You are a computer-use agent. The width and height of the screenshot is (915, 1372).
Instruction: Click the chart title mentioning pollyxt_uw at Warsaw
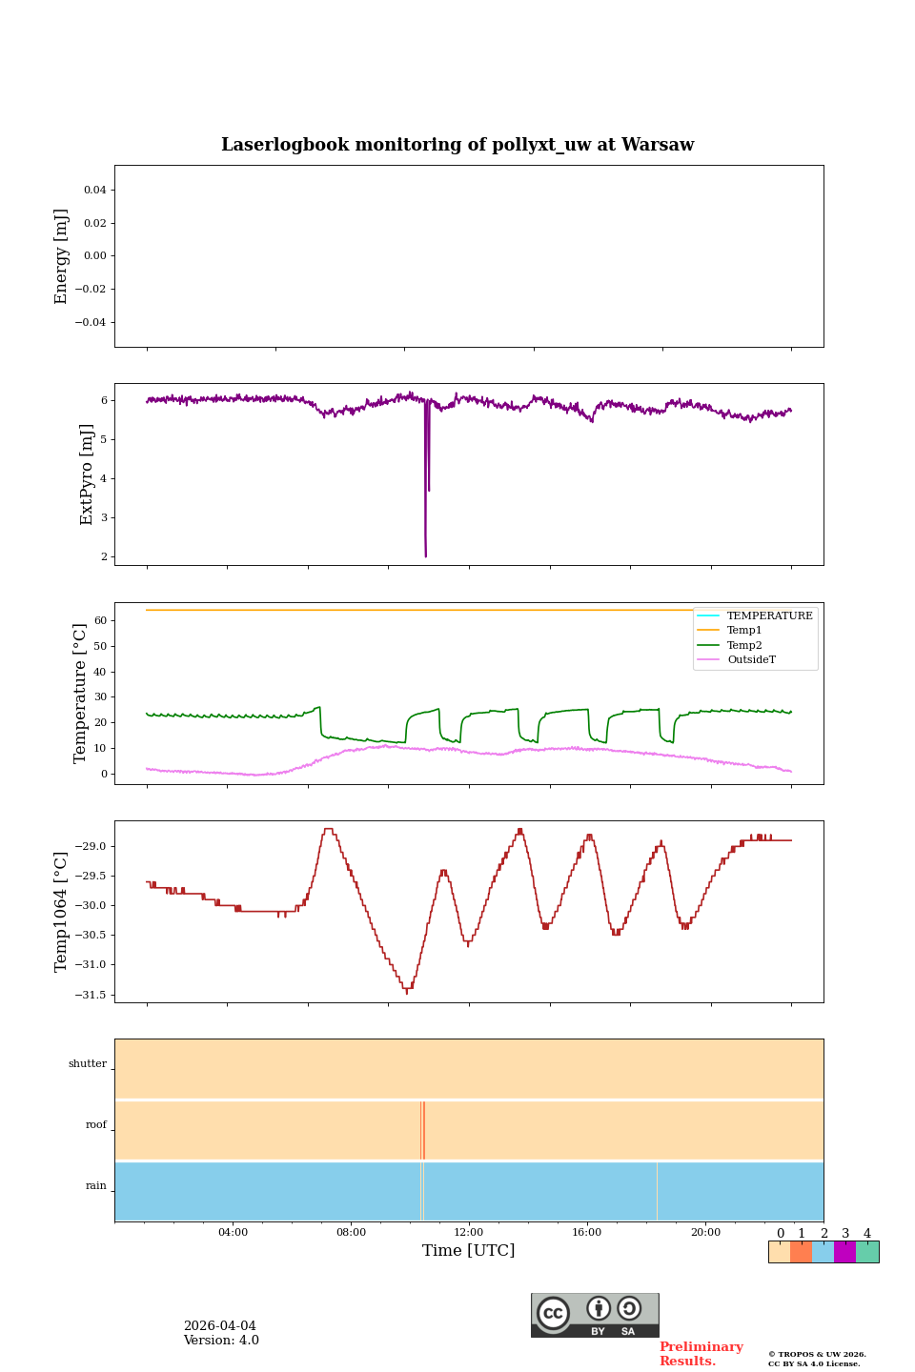pyautogui.click(x=457, y=145)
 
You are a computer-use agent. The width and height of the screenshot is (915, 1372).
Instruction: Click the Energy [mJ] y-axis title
pyautogui.click(x=62, y=256)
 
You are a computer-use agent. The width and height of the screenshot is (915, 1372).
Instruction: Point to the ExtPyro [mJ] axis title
pyautogui.click(x=87, y=474)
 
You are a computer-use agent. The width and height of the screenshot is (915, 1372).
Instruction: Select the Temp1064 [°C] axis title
pyautogui.click(x=62, y=912)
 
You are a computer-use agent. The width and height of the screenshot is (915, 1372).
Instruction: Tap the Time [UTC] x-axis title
pyautogui.click(x=469, y=1250)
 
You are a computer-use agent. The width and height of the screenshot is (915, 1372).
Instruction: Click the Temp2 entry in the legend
pyautogui.click(x=744, y=645)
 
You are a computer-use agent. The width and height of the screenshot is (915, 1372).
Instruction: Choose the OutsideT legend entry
pyautogui.click(x=751, y=659)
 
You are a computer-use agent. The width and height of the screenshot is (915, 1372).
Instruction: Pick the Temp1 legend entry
pyautogui.click(x=744, y=631)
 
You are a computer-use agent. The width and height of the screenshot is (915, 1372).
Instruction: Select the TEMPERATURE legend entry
pyautogui.click(x=769, y=615)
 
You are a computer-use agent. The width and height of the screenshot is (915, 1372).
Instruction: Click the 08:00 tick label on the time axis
pyautogui.click(x=351, y=1233)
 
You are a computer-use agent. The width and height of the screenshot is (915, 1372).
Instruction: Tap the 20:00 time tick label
pyautogui.click(x=705, y=1233)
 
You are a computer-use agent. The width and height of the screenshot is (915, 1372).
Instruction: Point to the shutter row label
pyautogui.click(x=88, y=1064)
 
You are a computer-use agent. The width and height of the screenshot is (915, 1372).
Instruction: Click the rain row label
pyautogui.click(x=96, y=1186)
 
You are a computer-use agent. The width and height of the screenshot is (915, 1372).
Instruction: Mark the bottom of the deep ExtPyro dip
pyautogui.click(x=426, y=555)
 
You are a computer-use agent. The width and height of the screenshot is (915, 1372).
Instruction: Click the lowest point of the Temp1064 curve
pyautogui.click(x=407, y=992)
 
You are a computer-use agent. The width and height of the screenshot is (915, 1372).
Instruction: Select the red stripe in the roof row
pyautogui.click(x=422, y=1130)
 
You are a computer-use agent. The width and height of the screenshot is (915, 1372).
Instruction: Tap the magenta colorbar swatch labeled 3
pyautogui.click(x=844, y=1252)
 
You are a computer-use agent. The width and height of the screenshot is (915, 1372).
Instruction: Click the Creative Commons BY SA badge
pyautogui.click(x=595, y=1315)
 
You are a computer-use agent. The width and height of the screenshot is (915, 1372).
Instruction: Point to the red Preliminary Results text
pyautogui.click(x=701, y=1354)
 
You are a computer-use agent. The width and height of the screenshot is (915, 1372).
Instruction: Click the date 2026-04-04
pyautogui.click(x=219, y=1326)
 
